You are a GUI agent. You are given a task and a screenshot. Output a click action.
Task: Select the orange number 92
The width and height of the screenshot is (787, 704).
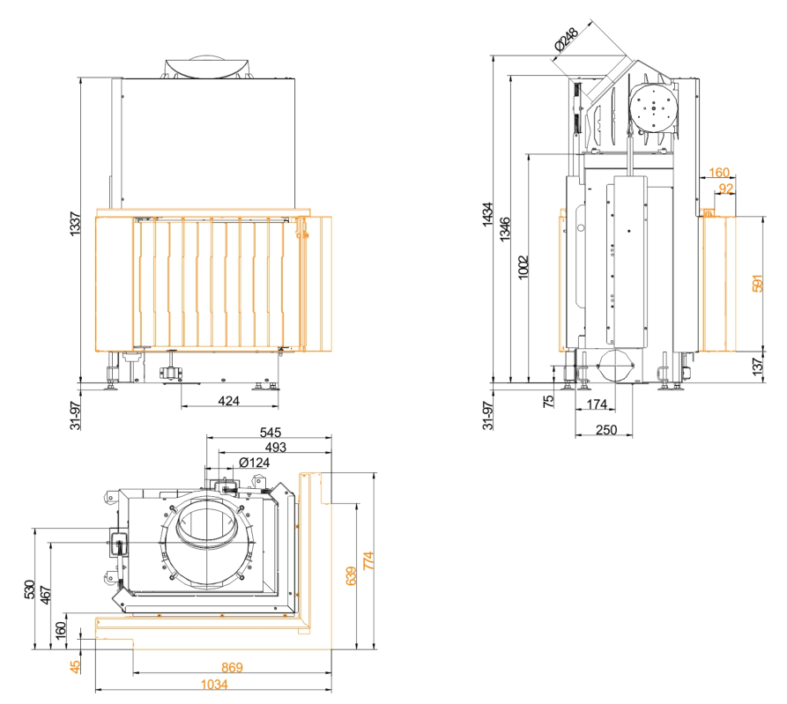(x=726, y=189)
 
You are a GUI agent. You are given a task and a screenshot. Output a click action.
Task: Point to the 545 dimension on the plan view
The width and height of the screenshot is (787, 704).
(x=271, y=434)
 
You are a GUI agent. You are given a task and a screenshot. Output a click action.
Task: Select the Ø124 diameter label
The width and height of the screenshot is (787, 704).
(x=255, y=463)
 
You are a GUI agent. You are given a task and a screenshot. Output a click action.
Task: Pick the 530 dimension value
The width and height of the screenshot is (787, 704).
(x=29, y=589)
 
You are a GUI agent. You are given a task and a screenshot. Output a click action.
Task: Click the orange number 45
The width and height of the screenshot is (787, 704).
(x=75, y=666)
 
